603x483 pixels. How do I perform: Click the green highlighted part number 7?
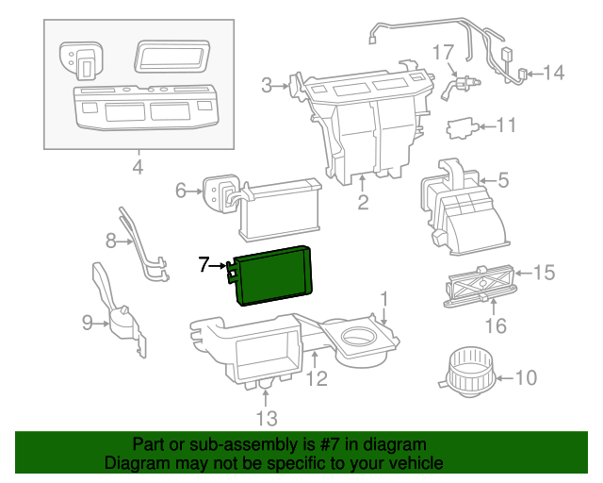275,274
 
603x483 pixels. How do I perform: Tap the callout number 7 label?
204,266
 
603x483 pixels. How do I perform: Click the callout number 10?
525,378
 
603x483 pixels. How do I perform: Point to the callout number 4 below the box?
138,168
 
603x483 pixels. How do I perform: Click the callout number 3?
268,86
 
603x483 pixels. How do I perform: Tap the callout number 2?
363,202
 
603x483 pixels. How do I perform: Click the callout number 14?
552,72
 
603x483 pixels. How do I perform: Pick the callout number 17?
443,50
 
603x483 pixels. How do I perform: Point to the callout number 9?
88,324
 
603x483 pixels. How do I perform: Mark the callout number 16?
495,326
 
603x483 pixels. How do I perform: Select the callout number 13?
267,417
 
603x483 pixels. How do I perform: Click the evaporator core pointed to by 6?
281,208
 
